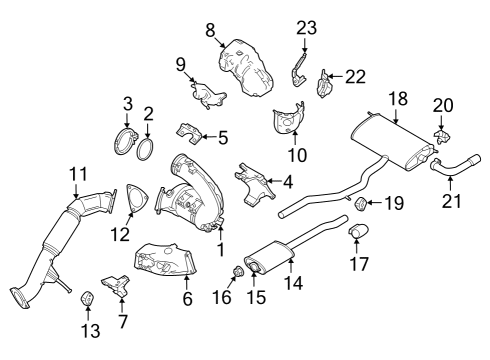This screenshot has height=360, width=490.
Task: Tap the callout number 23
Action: tap(305, 27)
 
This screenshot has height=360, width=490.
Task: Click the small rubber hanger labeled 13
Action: tap(88, 297)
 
